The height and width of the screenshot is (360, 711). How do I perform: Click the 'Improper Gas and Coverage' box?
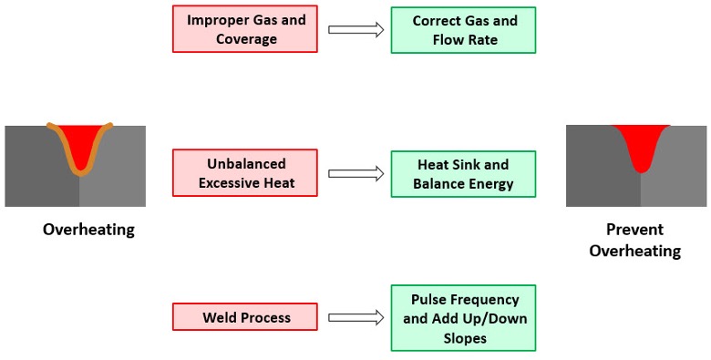[245, 28]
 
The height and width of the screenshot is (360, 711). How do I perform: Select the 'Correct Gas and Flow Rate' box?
[463, 30]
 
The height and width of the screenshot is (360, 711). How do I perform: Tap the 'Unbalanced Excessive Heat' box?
[245, 173]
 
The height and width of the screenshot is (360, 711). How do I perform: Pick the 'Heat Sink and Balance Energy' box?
[463, 174]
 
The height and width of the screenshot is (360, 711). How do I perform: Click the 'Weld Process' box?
[245, 316]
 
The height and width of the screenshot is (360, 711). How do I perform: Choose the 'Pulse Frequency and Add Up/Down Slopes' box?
[463, 318]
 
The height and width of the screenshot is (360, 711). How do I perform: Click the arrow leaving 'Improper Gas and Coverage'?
[355, 30]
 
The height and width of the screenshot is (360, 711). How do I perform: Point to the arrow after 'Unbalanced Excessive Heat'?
[355, 174]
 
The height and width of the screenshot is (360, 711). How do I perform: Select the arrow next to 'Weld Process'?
[355, 318]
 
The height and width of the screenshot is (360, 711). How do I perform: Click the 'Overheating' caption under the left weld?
[89, 230]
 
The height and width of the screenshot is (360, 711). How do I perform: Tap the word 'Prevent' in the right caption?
[634, 230]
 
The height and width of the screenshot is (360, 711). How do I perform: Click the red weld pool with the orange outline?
[80, 145]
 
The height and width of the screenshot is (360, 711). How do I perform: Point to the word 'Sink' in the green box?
[468, 165]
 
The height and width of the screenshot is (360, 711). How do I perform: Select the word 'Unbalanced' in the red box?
[247, 164]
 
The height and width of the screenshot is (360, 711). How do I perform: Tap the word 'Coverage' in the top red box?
[247, 39]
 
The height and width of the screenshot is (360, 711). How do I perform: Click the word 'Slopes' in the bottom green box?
[465, 338]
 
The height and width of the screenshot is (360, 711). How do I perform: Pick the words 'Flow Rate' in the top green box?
[465, 40]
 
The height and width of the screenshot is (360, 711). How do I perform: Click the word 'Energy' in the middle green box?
[490, 184]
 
